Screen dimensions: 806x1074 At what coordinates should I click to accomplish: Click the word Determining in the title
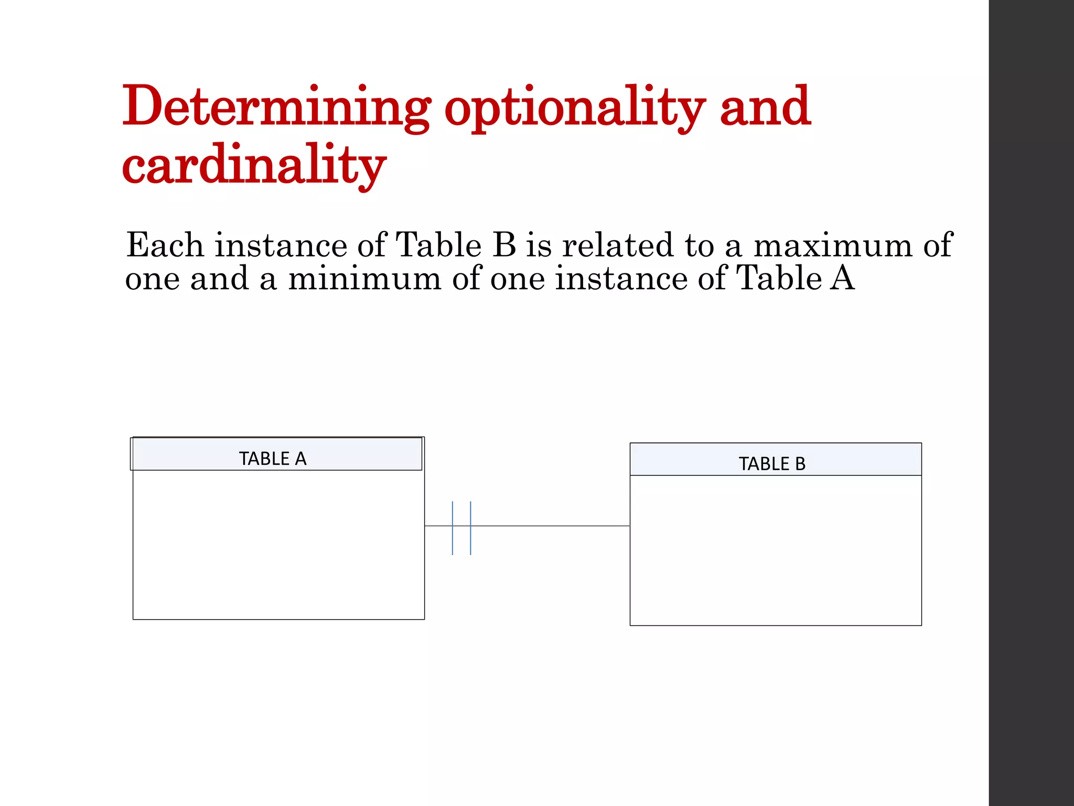[276, 108]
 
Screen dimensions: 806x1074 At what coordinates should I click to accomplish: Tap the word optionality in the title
[575, 108]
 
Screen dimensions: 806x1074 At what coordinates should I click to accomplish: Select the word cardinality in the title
[254, 166]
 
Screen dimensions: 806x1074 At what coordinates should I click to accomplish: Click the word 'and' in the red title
[765, 108]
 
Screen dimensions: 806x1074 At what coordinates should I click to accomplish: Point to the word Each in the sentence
[165, 245]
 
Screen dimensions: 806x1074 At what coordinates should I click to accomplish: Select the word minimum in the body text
[364, 278]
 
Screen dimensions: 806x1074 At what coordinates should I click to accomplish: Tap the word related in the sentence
[618, 245]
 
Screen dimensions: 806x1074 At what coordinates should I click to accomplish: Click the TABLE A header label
[273, 459]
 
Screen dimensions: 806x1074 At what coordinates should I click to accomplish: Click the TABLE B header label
[772, 464]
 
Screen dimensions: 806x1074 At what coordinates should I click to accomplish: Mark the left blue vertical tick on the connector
[453, 528]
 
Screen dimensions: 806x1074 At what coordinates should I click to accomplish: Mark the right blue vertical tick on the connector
[470, 528]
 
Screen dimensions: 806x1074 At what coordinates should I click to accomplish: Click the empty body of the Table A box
[278, 546]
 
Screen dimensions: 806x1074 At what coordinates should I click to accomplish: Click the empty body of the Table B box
[776, 551]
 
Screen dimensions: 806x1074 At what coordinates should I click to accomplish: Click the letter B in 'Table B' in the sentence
[504, 245]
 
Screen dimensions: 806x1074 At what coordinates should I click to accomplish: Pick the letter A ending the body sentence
[842, 278]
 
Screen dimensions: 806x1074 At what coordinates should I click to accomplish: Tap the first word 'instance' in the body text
[281, 245]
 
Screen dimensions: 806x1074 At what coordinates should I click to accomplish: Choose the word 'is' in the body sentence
[539, 245]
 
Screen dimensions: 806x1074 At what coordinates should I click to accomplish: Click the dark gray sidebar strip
[1031, 403]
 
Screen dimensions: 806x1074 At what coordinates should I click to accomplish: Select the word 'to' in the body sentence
[700, 245]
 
